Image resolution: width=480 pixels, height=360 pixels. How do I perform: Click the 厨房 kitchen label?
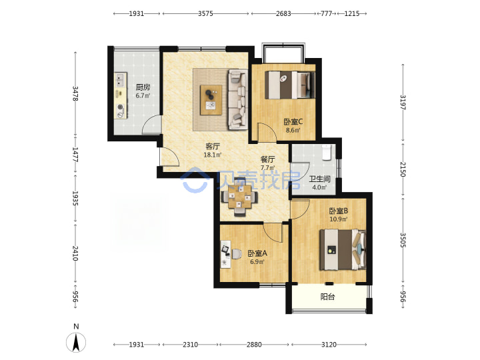[x=143, y=87]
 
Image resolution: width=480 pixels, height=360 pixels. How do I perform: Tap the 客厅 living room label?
[x=213, y=146]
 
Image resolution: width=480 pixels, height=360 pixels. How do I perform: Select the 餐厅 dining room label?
[x=267, y=159]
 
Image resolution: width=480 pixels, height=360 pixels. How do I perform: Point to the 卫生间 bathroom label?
[x=319, y=179]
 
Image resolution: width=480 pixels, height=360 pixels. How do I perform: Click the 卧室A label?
[x=257, y=253]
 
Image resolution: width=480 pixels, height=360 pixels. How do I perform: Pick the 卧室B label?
[x=338, y=211]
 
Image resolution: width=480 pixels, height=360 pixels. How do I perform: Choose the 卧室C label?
[x=293, y=122]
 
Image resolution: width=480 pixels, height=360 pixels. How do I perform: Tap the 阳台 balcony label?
[x=327, y=297]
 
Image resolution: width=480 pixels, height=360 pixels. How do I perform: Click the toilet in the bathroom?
[x=326, y=153]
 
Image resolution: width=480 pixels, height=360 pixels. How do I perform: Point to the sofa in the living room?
[x=238, y=99]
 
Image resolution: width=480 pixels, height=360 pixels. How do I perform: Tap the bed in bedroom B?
[x=343, y=249]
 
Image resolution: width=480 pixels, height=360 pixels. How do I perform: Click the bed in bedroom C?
[x=290, y=85]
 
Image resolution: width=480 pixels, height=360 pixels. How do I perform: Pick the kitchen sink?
[x=120, y=79]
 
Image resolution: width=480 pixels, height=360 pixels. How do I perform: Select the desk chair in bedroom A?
[x=236, y=254]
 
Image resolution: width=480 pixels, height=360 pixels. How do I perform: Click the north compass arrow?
[x=76, y=342]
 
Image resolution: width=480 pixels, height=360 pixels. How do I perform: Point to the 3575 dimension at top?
[x=205, y=13]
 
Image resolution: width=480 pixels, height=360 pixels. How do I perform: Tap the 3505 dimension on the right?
[x=403, y=240]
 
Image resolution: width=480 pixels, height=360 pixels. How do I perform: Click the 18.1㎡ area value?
[x=213, y=155]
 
